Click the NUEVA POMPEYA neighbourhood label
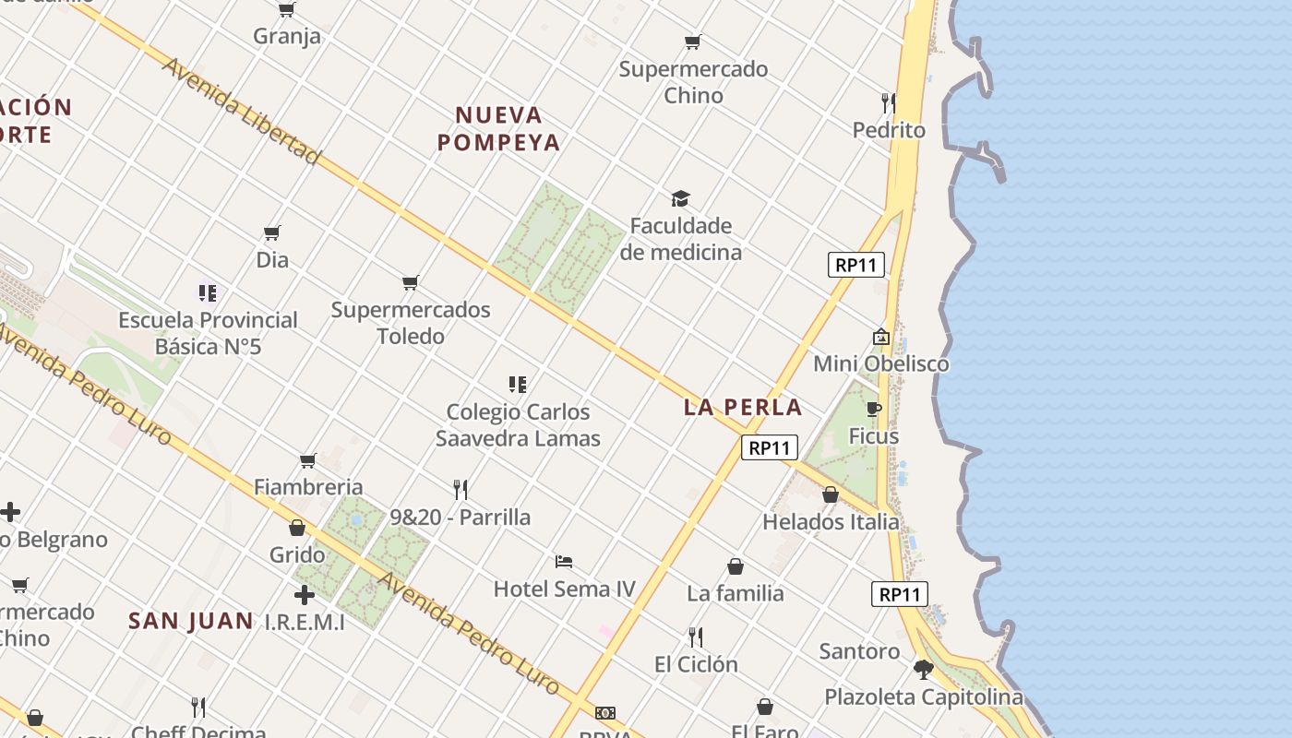pyautogui.click(x=499, y=128)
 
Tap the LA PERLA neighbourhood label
pyautogui.click(x=743, y=407)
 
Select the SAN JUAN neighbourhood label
pyautogui.click(x=191, y=621)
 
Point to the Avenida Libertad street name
pyautogui.click(x=242, y=111)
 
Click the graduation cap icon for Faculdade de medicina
pyautogui.click(x=680, y=198)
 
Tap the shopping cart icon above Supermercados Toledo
pyautogui.click(x=411, y=282)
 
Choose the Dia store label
pyautogui.click(x=272, y=260)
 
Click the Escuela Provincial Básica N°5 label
pyautogui.click(x=208, y=333)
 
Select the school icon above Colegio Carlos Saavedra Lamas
pyautogui.click(x=518, y=384)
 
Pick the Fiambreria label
pyautogui.click(x=308, y=487)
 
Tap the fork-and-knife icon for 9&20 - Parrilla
pyautogui.click(x=461, y=489)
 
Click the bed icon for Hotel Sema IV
pyautogui.click(x=564, y=561)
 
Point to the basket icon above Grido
pyautogui.click(x=297, y=528)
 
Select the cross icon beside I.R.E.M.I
pyautogui.click(x=304, y=595)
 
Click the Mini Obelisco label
pyautogui.click(x=880, y=363)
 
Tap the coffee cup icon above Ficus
pyautogui.click(x=873, y=409)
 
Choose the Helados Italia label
pyautogui.click(x=831, y=522)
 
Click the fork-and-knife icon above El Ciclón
pyautogui.click(x=696, y=637)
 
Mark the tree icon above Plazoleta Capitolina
pyautogui.click(x=923, y=670)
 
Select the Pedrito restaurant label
pyautogui.click(x=889, y=130)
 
